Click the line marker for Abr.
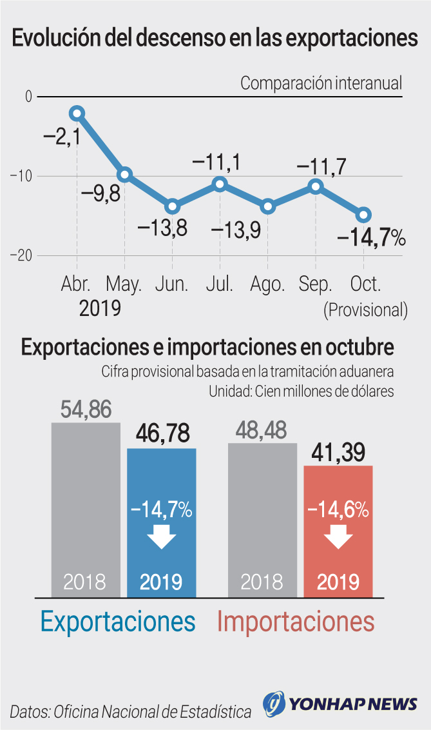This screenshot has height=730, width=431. [77, 113]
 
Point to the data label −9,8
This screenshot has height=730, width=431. [101, 193]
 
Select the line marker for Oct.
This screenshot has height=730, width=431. [363, 215]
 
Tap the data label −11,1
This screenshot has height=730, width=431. [218, 163]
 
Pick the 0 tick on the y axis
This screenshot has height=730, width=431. [28, 97]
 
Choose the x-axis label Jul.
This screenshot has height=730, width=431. [220, 284]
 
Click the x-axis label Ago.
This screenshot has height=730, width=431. [267, 284]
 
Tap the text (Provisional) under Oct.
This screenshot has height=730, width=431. [365, 310]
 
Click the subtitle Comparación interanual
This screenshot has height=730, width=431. [321, 83]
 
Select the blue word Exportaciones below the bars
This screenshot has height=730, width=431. [118, 622]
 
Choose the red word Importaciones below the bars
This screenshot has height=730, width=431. [296, 622]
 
